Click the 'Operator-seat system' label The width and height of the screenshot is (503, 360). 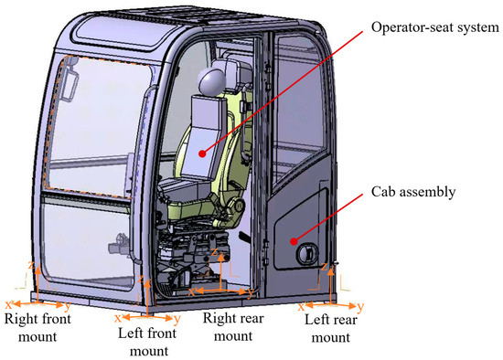click(x=435, y=28)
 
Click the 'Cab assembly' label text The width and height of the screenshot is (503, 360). click(x=413, y=192)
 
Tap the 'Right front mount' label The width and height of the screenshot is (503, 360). click(x=37, y=328)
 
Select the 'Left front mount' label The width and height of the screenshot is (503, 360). click(x=147, y=342)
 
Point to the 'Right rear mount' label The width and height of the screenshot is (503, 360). click(x=233, y=327)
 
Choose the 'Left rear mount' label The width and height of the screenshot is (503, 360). click(x=331, y=329)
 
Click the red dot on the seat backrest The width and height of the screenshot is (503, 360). click(x=202, y=154)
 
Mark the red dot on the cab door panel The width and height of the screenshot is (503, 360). click(x=294, y=241)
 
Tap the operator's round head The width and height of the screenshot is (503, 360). click(x=212, y=80)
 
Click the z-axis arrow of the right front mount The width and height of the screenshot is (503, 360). click(x=37, y=283)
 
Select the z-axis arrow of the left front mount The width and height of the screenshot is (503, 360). click(x=147, y=298)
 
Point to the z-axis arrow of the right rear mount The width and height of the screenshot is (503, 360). click(x=221, y=270)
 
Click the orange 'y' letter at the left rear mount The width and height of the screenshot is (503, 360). click(x=361, y=306)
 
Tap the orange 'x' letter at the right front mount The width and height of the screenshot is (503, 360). click(x=9, y=304)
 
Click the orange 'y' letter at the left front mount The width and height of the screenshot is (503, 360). click(x=177, y=319)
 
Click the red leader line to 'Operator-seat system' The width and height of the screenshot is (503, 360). click(x=283, y=92)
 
